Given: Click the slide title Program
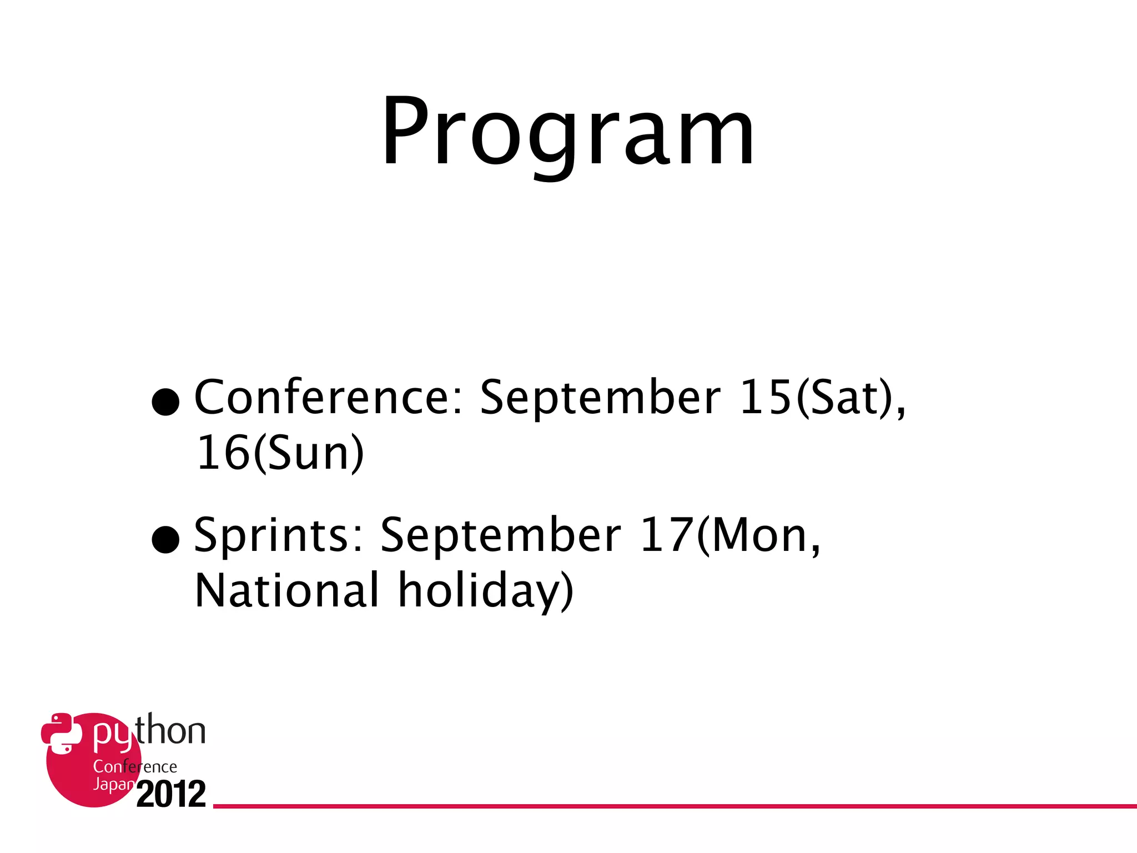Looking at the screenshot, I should click(x=567, y=133).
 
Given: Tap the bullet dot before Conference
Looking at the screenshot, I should click(x=165, y=401).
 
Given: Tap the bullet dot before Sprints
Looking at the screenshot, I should click(x=165, y=539).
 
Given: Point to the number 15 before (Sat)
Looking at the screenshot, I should click(x=765, y=398).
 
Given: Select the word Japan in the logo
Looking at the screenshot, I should click(x=113, y=784).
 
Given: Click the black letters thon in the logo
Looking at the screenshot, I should click(x=171, y=731).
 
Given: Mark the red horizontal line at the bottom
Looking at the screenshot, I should click(x=666, y=806).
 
